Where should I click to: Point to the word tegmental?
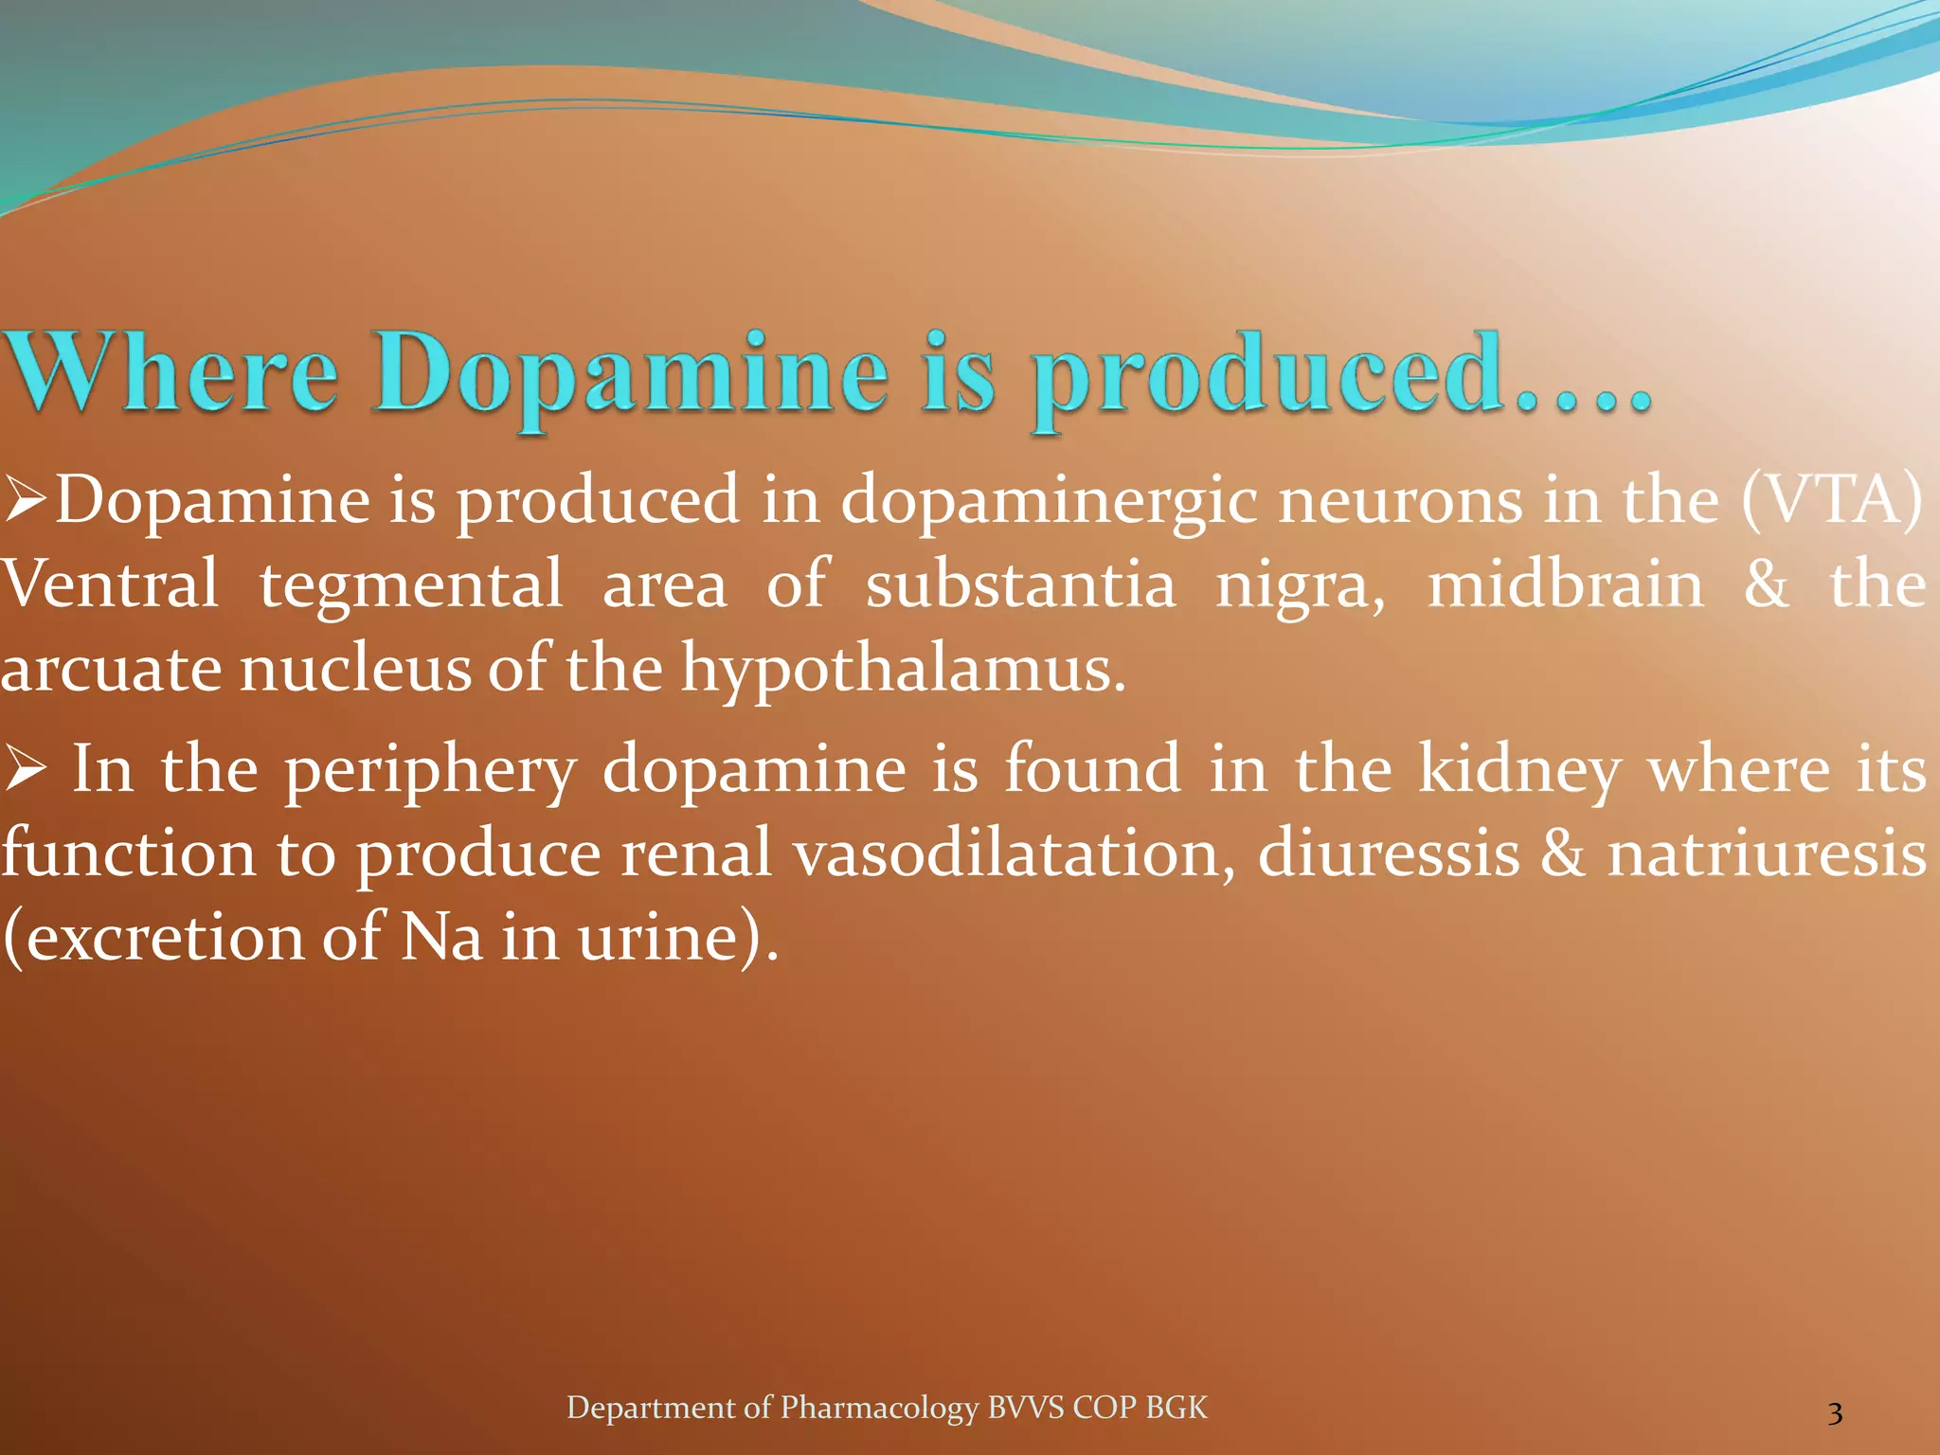click(411, 585)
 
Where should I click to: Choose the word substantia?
click(1020, 584)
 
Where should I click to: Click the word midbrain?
click(1565, 584)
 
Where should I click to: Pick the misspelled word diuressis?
click(1388, 853)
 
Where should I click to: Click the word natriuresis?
click(1767, 853)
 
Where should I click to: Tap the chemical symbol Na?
click(441, 937)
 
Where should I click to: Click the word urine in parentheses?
click(657, 937)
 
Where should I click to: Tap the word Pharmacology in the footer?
click(878, 1408)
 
